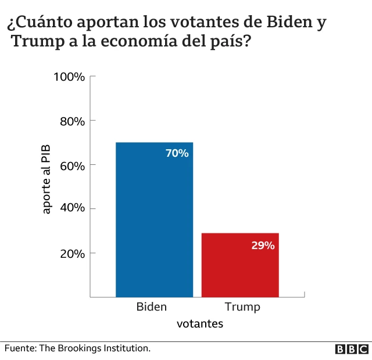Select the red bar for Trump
coord(240,265)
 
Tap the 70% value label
coord(177,153)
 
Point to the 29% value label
coord(263,245)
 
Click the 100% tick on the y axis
coord(70,77)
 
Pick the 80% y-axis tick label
coord(72,121)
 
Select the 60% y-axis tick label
coord(72,165)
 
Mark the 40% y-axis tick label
coord(72,208)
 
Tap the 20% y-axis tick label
coord(72,253)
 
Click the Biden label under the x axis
coord(151,307)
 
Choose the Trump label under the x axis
coord(242,307)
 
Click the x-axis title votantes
coord(200,324)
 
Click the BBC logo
coord(352,349)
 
